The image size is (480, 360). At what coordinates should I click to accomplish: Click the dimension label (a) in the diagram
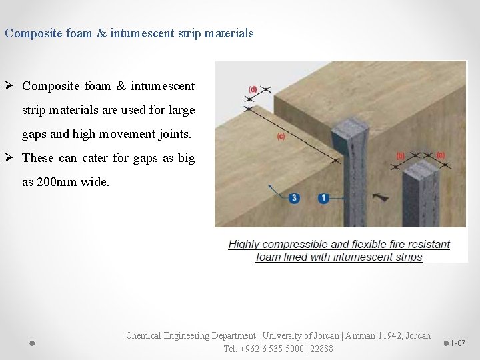pyautogui.click(x=440, y=155)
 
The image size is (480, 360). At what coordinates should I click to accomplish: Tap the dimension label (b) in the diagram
pyautogui.click(x=400, y=155)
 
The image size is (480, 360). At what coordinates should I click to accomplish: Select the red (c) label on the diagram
pyautogui.click(x=281, y=137)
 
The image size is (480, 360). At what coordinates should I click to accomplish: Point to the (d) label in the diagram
pyautogui.click(x=253, y=89)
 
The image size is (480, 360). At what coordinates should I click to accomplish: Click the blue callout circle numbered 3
pyautogui.click(x=295, y=198)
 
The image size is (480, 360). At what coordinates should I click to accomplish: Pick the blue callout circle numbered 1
pyautogui.click(x=323, y=198)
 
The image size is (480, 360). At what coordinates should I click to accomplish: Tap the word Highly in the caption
pyautogui.click(x=244, y=245)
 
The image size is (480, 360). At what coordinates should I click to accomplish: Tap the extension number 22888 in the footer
pyautogui.click(x=320, y=349)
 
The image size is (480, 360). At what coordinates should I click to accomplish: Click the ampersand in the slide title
pyautogui.click(x=101, y=33)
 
